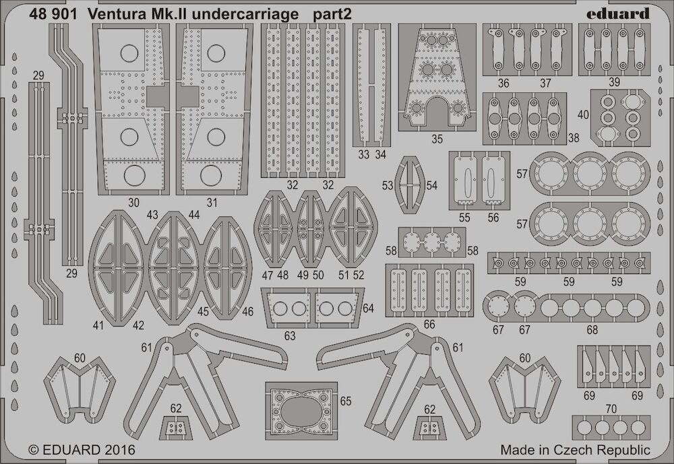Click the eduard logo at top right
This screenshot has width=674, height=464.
[x=617, y=13]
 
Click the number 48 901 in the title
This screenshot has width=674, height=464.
[x=53, y=14]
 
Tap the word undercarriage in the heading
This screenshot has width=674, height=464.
[x=245, y=15]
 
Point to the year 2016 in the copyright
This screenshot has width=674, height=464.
[x=118, y=449]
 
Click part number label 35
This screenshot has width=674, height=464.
[x=437, y=139]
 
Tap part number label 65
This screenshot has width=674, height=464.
[x=346, y=401]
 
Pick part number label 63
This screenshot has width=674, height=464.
[x=290, y=336]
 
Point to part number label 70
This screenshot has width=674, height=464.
[x=611, y=409]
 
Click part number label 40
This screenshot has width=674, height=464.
[x=583, y=114]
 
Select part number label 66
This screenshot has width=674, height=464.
[x=429, y=325]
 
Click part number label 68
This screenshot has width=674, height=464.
[x=592, y=329]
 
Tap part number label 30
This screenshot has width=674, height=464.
[x=133, y=202]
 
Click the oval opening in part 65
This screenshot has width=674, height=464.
[x=301, y=409]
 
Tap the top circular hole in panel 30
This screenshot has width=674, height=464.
[x=129, y=53]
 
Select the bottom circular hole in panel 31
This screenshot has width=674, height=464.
[x=210, y=175]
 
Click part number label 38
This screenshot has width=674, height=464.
[x=574, y=137]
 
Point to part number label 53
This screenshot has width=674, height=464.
[x=388, y=185]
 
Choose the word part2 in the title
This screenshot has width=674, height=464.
[x=332, y=15]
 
